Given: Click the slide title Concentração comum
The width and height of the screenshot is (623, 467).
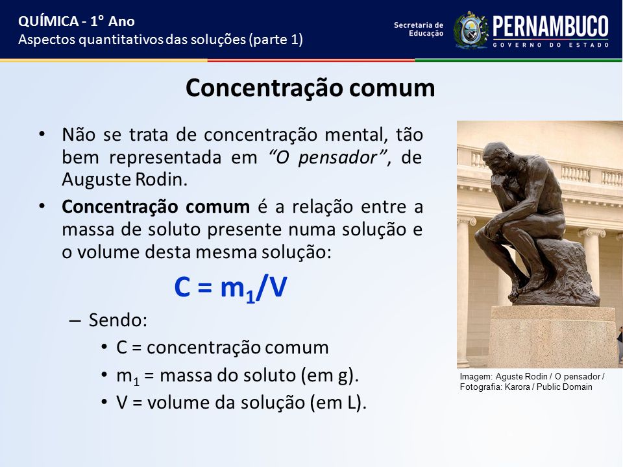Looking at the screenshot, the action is pos(310,88).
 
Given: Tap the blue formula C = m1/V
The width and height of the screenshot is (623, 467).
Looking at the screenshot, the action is pos(230,287).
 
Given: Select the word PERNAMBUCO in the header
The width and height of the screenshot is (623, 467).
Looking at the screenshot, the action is pos(551,27).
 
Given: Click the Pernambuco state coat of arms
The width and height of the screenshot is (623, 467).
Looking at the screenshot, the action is pos(471,30).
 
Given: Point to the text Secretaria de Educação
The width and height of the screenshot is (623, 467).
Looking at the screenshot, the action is pos(419,29).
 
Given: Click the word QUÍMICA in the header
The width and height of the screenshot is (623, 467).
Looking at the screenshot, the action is pos(49,21).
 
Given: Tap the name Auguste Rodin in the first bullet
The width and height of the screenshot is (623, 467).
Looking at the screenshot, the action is pos(125,180).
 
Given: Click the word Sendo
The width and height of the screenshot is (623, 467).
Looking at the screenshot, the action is pos(117,320).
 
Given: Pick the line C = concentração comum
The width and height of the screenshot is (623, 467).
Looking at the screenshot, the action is pos(222,348).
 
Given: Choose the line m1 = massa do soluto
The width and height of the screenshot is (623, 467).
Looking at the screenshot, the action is pos(238,376).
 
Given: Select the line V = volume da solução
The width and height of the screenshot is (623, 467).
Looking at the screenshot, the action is pos(241,403).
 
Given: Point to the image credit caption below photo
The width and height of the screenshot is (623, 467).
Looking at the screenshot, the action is pos(532,381).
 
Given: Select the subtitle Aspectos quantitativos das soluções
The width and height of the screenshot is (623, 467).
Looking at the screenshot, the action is pos(160,40).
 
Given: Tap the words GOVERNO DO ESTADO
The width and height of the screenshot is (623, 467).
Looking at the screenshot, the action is pos(551,45).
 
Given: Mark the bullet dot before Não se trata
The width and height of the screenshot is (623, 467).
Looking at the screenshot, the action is pos(42,134).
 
